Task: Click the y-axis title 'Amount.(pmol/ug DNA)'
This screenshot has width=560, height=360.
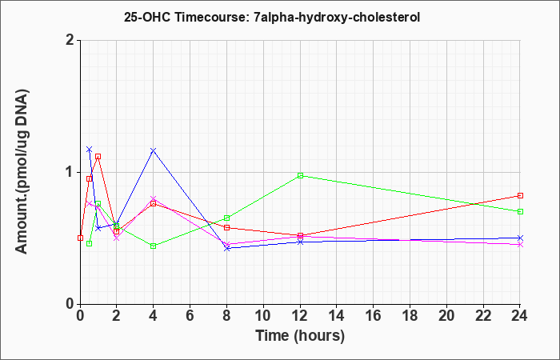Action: coord(22,171)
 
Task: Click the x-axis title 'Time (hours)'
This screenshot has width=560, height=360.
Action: coord(300,336)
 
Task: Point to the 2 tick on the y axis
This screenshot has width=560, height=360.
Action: coord(70,40)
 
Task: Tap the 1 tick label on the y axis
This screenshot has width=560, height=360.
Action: coord(70,173)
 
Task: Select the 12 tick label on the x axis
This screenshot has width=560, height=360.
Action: coord(300,316)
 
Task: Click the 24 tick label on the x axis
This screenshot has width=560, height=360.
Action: coord(520,316)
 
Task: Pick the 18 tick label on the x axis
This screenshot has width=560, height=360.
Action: coord(410,316)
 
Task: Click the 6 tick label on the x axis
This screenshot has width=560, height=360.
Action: coord(190,316)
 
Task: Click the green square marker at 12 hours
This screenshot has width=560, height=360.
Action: coord(300,175)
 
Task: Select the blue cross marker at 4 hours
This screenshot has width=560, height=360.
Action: coord(154,150)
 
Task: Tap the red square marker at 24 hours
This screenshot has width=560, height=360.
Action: coord(520,195)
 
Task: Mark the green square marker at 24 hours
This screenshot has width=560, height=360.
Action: coord(520,211)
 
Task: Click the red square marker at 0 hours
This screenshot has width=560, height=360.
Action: coord(80,238)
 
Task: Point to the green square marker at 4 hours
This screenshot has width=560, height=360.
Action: coord(154,246)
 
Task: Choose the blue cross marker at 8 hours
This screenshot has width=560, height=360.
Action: coord(226,248)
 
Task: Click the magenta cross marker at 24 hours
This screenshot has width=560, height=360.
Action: coord(520,245)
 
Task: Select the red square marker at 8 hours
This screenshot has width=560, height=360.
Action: coord(226,227)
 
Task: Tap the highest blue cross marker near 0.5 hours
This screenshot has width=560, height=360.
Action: coord(90,149)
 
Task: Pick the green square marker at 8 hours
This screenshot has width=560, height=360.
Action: coord(226,218)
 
